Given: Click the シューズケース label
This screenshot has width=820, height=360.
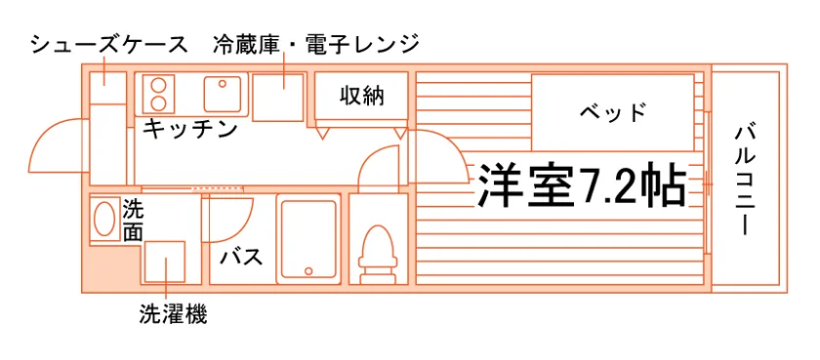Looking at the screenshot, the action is [x=108, y=45].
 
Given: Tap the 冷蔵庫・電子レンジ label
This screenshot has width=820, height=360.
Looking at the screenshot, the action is [x=316, y=45].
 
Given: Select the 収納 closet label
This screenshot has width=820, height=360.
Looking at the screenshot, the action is [x=362, y=96].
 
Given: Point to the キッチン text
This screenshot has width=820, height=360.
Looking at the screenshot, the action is [x=190, y=129].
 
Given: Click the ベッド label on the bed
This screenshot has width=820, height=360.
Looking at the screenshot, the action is [x=613, y=112].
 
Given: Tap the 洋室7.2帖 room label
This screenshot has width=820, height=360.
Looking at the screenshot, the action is [x=581, y=184].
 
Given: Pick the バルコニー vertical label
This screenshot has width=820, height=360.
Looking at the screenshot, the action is [x=743, y=180].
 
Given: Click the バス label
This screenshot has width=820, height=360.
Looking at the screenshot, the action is [x=240, y=257].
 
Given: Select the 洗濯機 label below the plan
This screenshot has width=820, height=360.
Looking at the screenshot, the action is [x=173, y=314].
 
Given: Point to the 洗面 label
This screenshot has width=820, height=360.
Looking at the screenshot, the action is [x=133, y=221].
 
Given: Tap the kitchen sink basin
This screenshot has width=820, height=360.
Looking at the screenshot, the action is [x=223, y=94].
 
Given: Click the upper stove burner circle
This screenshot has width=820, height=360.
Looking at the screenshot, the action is [x=158, y=85].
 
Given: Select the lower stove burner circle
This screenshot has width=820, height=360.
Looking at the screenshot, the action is [x=158, y=103].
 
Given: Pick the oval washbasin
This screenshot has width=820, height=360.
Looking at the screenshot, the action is [x=105, y=219].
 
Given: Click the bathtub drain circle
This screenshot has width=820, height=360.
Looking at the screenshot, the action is [x=308, y=271].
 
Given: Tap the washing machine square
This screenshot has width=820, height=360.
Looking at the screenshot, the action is [x=165, y=261].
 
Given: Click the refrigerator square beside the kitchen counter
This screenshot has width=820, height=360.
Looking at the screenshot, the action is [x=278, y=98].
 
